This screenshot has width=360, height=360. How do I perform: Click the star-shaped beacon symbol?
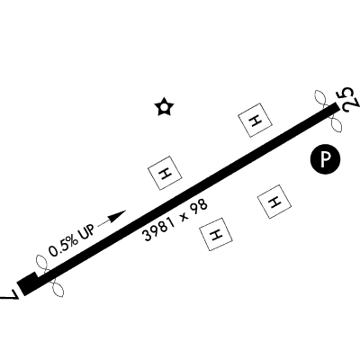pyautogui.click(x=164, y=107)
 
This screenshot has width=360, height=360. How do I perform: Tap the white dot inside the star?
pyautogui.click(x=164, y=107)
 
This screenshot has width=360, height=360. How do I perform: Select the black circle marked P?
pyautogui.click(x=325, y=158)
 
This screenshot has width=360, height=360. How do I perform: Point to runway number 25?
pyautogui.click(x=349, y=100)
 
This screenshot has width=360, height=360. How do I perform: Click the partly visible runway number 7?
pyautogui.click(x=10, y=294)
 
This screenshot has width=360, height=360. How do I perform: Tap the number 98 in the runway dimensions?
pyautogui.click(x=199, y=206)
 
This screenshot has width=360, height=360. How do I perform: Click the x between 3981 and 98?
pyautogui.click(x=184, y=217)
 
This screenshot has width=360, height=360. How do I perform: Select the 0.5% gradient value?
pyautogui.click(x=63, y=243)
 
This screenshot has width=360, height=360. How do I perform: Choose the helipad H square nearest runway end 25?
pyautogui.click(x=256, y=120)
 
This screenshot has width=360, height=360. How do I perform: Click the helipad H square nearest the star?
pyautogui.click(x=165, y=173)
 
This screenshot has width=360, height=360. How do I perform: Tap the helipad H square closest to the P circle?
pyautogui.click(x=274, y=202)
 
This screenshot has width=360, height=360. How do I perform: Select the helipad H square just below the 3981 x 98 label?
pyautogui.click(x=216, y=234)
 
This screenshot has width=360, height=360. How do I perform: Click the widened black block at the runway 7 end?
pyautogui.click(x=28, y=283)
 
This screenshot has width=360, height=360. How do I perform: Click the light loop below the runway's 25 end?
pyautogui.click(x=336, y=124)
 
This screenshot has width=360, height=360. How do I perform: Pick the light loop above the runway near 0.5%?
pyautogui.click(x=41, y=263)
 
